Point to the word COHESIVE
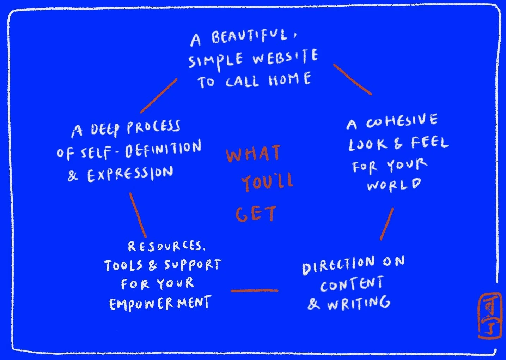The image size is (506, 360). [x=402, y=121]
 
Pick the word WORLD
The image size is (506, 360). [x=394, y=185]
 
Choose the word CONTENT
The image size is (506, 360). [x=352, y=284]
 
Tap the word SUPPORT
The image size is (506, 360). [x=193, y=265]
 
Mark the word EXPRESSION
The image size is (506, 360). [x=130, y=174]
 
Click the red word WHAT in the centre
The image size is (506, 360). [x=253, y=154]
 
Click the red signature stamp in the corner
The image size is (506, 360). [x=489, y=316]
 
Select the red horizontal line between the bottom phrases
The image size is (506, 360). [x=254, y=291]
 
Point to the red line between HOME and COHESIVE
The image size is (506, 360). [x=352, y=79]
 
